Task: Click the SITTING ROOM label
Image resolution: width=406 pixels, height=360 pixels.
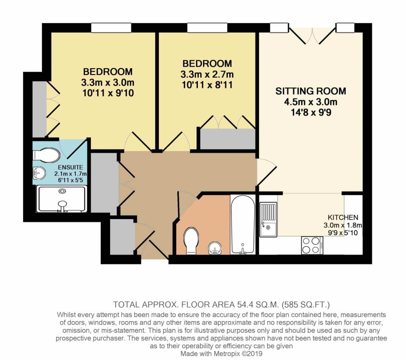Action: point(310,91)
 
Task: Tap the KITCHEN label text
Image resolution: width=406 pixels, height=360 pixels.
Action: point(343,217)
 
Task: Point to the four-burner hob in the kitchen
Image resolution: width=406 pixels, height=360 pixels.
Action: point(311,245)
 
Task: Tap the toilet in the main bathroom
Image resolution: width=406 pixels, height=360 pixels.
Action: point(191,240)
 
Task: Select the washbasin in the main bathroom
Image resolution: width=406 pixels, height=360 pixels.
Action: point(215,249)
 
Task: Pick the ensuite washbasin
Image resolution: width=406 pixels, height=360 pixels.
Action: point(38,173)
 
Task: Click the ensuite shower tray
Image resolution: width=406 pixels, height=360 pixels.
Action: point(61,199)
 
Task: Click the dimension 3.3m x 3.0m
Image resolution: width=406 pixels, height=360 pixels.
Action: point(107,83)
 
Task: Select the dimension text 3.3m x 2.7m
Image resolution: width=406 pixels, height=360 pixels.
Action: point(207,74)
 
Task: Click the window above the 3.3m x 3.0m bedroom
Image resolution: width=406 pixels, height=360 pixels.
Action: point(111,28)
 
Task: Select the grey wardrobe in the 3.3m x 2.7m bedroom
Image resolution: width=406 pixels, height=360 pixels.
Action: point(227,139)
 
